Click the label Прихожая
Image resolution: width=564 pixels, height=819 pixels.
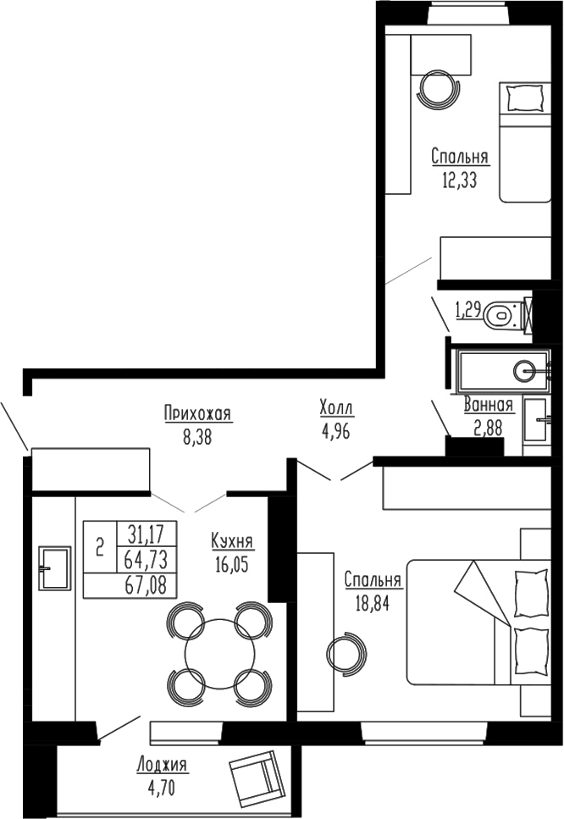pos(197,413)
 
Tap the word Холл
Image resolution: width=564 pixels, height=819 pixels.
pos(336,409)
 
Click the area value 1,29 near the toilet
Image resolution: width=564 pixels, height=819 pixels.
pos(468,311)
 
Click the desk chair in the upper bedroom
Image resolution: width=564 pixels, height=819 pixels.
pos(440,87)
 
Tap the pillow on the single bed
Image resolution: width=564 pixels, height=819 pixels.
pos(520,99)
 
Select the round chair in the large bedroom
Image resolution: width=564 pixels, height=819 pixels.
pos(346,653)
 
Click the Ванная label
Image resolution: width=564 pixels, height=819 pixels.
pos(489,405)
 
